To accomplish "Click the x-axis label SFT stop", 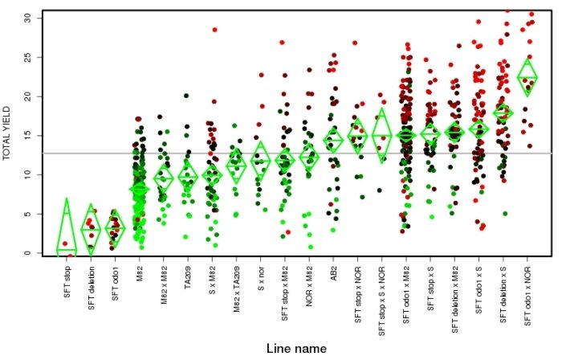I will (67, 286).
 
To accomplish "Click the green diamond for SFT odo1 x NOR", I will (527, 77).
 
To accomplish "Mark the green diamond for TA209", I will (189, 176).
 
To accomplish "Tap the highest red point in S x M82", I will (214, 30).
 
